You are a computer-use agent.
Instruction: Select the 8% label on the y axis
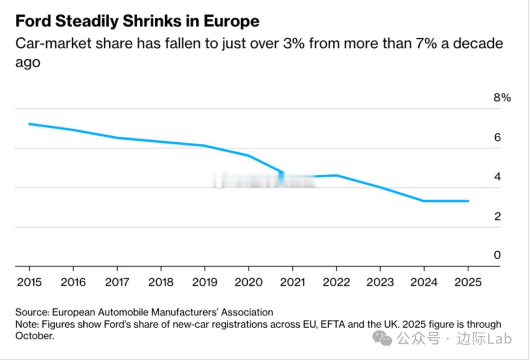502,97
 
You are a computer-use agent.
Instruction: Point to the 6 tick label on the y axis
498,137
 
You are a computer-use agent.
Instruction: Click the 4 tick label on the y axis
498,177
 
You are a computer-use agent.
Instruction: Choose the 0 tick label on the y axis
498,255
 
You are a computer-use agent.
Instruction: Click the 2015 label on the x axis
29,282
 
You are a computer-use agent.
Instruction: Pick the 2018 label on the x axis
161,282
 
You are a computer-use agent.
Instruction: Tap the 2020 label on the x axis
248,282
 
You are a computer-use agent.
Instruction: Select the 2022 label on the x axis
336,282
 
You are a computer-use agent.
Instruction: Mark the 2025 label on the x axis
468,282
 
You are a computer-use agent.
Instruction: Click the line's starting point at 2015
29,124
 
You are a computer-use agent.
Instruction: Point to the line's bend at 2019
205,145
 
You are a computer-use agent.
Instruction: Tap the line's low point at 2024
424,201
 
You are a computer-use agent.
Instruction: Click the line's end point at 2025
468,201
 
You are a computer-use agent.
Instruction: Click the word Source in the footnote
31,312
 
